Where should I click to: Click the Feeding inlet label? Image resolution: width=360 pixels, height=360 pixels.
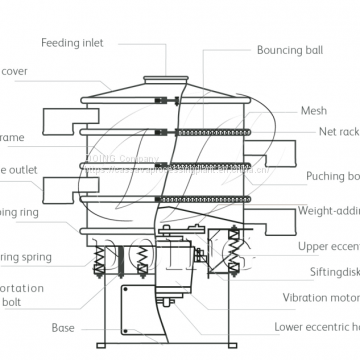point(72,43)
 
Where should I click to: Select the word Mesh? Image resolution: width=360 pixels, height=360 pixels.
point(313,111)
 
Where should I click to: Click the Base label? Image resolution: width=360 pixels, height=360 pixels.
point(64,327)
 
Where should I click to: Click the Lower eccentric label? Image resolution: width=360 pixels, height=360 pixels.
point(317,327)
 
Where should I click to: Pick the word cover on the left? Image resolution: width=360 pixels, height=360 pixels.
point(17,72)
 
